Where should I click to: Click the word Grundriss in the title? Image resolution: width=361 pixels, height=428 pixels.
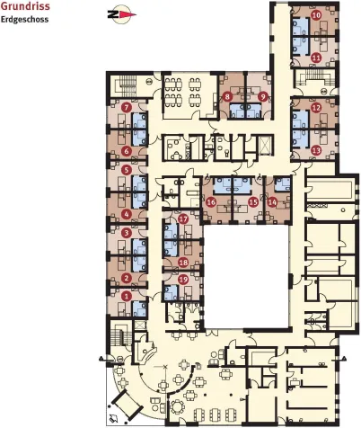pos(25,6)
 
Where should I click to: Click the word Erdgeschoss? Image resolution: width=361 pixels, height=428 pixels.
pos(24,20)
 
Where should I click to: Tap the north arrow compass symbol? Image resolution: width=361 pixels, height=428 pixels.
pos(121,14)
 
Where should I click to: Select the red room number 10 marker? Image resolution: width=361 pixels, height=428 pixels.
pos(316,15)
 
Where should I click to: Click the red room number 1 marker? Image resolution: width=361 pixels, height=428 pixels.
pos(127,297)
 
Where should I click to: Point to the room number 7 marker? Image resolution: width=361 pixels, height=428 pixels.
pos(127,107)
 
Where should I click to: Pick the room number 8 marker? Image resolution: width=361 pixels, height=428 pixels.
pos(227,97)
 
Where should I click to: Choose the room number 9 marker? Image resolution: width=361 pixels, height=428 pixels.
pos(263,97)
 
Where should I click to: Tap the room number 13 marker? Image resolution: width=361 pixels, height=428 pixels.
pos(316,150)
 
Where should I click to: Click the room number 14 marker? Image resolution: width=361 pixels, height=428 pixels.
pos(272,202)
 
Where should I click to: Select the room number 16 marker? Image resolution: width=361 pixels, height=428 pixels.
pos(211,202)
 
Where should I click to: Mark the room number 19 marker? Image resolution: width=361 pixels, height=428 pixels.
pos(183,280)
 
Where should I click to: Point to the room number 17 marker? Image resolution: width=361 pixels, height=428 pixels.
pos(183,219)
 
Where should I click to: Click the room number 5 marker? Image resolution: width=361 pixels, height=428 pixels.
pos(127,170)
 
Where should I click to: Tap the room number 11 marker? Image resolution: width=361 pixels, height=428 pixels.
pos(316,58)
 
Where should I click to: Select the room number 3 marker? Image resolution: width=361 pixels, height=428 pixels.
pos(127,233)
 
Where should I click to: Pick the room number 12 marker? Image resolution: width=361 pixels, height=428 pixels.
pos(316,108)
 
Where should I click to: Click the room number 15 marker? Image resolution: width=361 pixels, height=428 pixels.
pos(253,202)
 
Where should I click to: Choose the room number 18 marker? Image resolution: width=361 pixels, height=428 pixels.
pos(183,263)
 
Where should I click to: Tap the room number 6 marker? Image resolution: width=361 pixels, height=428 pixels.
pos(127,151)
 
